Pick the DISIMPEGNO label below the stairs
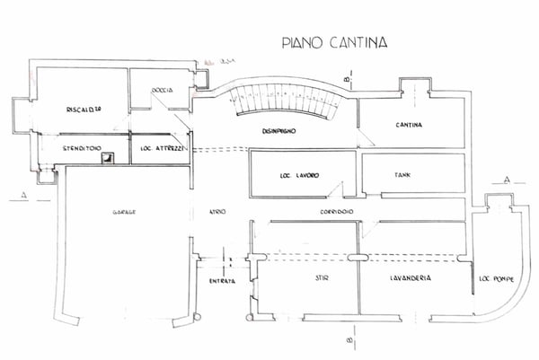point(279,131)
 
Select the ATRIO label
point(217,211)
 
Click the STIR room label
point(321,279)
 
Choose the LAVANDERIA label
point(411,279)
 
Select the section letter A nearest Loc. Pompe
point(508,180)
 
